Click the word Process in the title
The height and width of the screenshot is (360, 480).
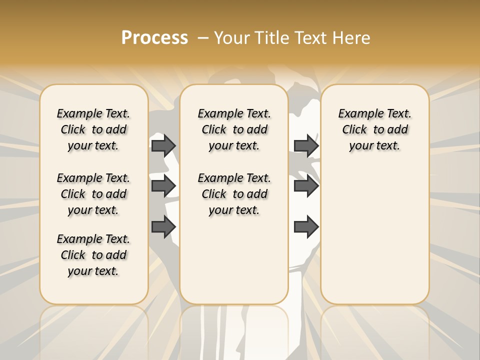coord(154,38)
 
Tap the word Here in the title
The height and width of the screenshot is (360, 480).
coord(352,38)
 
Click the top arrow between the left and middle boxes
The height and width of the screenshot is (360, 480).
coord(163,145)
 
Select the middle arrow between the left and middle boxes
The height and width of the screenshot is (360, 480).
coord(163,186)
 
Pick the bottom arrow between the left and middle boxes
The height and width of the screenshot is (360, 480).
coord(163,227)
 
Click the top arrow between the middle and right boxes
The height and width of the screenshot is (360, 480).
coord(306,145)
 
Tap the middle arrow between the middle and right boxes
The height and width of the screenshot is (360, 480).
coord(306,186)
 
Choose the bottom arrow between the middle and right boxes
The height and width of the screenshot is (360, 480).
coord(306,227)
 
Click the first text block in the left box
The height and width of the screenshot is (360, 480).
coord(93,129)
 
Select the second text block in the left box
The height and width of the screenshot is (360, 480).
coord(93,194)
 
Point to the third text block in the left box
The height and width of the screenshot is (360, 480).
coord(93,255)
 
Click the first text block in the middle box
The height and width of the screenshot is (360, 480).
coord(234,129)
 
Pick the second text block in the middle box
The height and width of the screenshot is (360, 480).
coord(234,194)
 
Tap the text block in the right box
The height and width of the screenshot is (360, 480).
coord(375,129)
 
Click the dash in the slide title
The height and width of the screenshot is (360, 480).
coord(203,38)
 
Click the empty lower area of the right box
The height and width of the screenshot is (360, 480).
coord(375,235)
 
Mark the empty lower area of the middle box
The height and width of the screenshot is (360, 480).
coord(234,260)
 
